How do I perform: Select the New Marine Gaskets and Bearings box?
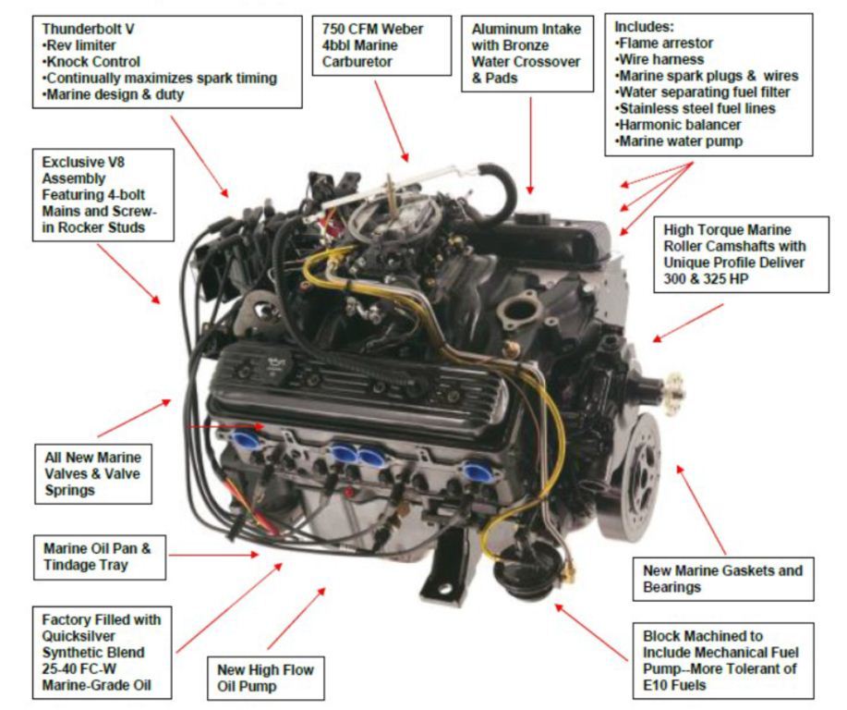(723, 579)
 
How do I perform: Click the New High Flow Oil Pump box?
(265, 678)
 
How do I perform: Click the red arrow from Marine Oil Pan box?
(212, 555)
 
